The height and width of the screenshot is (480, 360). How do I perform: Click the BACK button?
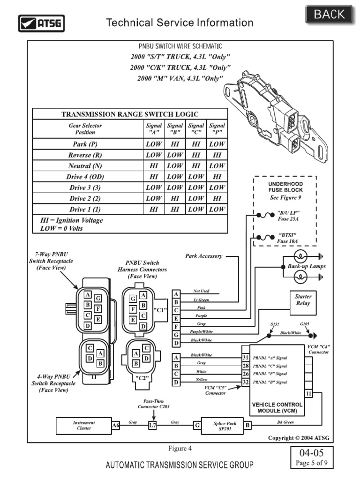coord(329,15)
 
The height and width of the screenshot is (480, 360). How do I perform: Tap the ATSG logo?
coord(41,22)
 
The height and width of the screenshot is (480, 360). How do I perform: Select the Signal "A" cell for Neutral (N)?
coord(154,166)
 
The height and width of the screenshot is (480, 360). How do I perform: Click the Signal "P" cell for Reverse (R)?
coord(217,155)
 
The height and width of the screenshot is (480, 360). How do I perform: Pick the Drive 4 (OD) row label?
coord(85,177)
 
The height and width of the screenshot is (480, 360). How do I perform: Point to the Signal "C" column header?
coord(196,128)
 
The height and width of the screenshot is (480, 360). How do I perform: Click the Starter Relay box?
coord(303,300)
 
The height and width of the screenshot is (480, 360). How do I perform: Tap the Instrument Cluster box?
coord(83,426)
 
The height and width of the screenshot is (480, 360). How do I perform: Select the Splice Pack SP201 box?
coord(225,426)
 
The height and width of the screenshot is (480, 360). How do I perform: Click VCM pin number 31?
coord(245,357)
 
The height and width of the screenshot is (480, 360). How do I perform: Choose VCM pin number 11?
coord(308,394)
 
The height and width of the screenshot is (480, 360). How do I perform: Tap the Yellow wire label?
coord(202,379)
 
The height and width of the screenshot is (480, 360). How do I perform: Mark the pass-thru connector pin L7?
coord(152,426)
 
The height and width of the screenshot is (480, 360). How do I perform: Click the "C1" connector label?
coord(160,310)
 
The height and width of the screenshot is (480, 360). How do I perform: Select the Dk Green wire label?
coord(285,422)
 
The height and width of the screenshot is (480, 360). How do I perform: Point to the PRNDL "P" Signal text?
coord(270,374)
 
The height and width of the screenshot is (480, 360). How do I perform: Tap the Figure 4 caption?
coord(180,448)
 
